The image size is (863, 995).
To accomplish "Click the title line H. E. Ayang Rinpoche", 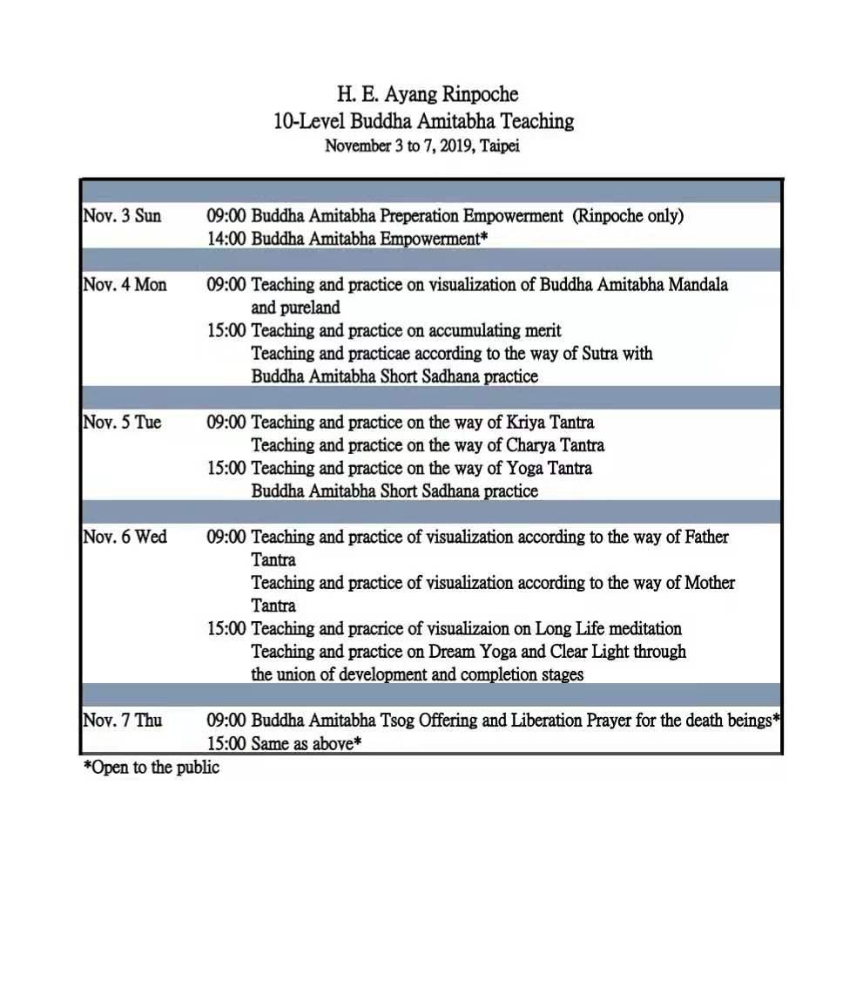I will (428, 94).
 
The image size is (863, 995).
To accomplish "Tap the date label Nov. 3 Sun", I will (122, 215).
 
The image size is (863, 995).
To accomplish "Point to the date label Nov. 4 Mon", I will (125, 284).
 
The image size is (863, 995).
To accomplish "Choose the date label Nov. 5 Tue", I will (122, 422).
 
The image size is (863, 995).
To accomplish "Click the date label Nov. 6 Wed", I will (125, 537).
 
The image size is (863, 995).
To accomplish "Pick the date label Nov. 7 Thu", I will (122, 721).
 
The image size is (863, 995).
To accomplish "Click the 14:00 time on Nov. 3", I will (226, 238).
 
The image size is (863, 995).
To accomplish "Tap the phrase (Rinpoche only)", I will (627, 215).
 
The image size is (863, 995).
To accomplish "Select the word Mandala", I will (698, 284).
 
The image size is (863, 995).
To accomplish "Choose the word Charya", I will (530, 444).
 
